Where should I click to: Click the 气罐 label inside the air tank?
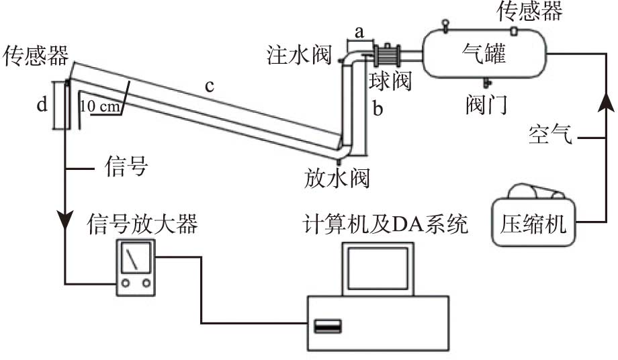484,54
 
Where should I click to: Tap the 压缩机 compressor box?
534,222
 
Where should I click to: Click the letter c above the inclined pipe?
210,86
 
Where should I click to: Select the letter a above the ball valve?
359,31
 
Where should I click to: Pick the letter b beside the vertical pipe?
378,109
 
